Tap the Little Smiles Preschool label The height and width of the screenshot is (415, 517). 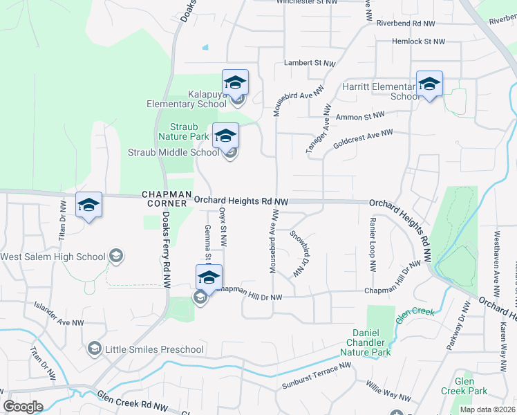point(154,349)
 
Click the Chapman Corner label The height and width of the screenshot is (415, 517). point(164,199)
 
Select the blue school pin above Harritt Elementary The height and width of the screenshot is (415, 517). point(429,84)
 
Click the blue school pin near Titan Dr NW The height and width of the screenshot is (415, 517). point(88,205)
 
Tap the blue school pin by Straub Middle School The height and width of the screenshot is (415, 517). point(225,136)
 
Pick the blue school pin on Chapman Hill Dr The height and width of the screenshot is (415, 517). point(209,277)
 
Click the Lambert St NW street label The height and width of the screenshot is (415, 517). point(310,63)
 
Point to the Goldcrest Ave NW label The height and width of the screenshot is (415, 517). point(363,138)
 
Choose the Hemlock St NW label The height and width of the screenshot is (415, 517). point(418,41)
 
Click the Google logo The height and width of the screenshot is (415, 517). point(23,407)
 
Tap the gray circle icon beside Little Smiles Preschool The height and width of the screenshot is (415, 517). point(95,349)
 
